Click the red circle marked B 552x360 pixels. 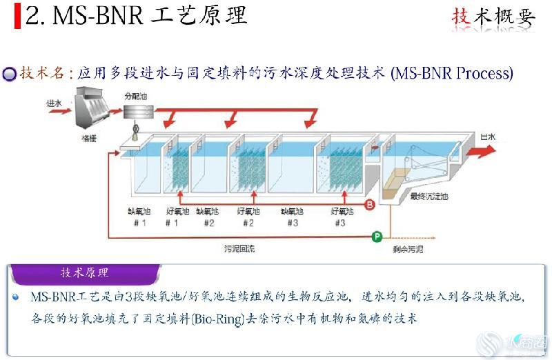369,204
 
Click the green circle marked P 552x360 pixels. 377,237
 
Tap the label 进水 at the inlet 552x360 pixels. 55,103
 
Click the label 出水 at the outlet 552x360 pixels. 488,137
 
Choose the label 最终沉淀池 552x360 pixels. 429,197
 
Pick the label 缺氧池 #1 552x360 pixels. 138,217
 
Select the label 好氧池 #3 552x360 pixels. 342,217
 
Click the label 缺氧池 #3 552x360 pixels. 292,217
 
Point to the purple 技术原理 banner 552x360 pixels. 85,273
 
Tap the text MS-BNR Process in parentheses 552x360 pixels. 451,73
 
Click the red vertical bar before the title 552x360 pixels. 17,15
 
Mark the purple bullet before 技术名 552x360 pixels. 9,74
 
